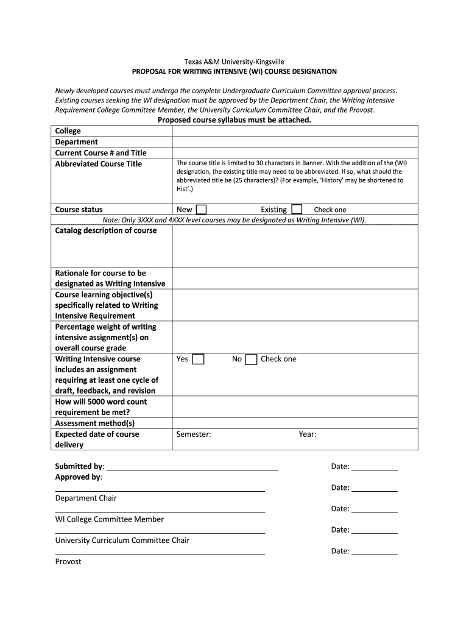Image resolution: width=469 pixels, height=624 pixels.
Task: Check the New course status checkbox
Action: (x=201, y=209)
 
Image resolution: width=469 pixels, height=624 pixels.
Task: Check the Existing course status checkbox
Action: (x=297, y=209)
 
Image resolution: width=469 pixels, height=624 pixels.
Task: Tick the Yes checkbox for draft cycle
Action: (x=198, y=359)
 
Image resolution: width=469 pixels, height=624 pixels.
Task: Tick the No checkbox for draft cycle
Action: (x=251, y=359)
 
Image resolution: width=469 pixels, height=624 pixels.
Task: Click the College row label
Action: (x=68, y=131)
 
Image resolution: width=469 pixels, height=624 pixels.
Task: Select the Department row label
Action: (x=76, y=142)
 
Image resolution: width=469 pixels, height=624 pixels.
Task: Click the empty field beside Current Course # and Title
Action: (x=295, y=153)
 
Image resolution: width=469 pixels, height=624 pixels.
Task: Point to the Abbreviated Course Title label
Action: (x=98, y=164)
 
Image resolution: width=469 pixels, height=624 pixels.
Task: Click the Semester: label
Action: (x=194, y=434)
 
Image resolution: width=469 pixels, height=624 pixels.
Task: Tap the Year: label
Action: (x=307, y=434)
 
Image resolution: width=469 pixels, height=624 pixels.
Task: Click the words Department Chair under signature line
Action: (x=86, y=498)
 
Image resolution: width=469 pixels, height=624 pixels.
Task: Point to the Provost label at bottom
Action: (x=68, y=561)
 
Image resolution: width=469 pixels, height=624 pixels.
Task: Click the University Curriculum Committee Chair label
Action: (x=122, y=540)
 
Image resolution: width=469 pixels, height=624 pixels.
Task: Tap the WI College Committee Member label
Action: (x=110, y=519)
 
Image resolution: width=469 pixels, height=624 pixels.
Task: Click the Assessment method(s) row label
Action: (x=95, y=423)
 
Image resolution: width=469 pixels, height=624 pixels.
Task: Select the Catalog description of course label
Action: (x=106, y=230)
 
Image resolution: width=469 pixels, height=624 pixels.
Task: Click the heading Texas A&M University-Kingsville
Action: (x=234, y=62)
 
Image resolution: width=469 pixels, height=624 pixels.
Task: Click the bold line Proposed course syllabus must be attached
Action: (x=234, y=120)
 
